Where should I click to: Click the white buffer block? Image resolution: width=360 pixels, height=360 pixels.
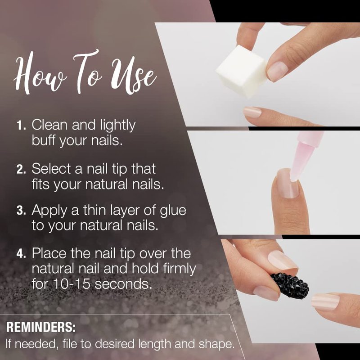coord(242,71)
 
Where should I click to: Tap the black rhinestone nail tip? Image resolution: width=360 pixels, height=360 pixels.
coord(290,286)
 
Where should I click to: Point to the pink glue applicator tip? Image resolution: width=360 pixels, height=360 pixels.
coord(300,161)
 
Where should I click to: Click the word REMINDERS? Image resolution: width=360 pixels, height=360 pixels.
coord(40,327)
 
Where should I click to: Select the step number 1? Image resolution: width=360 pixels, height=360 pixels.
coord(21,126)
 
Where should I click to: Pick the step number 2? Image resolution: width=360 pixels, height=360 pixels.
coord(21,169)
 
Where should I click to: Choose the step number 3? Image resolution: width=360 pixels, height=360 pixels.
coord(21,211)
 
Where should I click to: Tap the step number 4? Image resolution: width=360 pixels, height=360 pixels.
coord(21,254)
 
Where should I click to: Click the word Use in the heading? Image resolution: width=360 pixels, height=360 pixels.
coord(134,76)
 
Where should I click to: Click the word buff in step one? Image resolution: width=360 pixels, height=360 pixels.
coord(44,140)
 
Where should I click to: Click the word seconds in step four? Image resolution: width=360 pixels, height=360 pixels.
coord(123,284)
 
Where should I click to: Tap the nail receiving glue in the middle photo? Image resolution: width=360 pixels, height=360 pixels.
coord(288,184)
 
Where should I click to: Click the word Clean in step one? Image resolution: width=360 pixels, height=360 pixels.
coord(50,125)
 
